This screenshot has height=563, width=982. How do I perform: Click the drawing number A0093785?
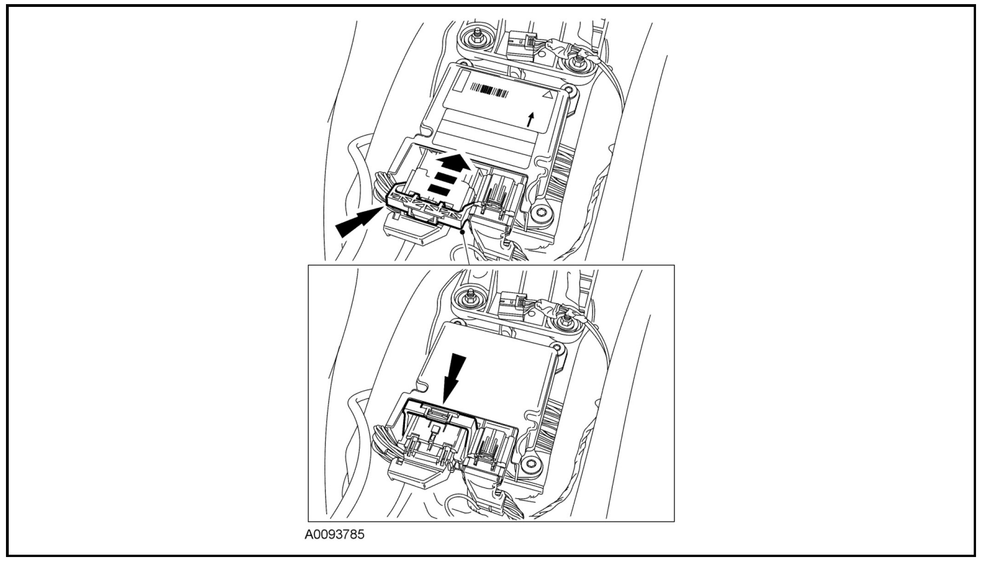pyautogui.click(x=334, y=534)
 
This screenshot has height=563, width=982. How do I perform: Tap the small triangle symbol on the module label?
pyautogui.click(x=547, y=95)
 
